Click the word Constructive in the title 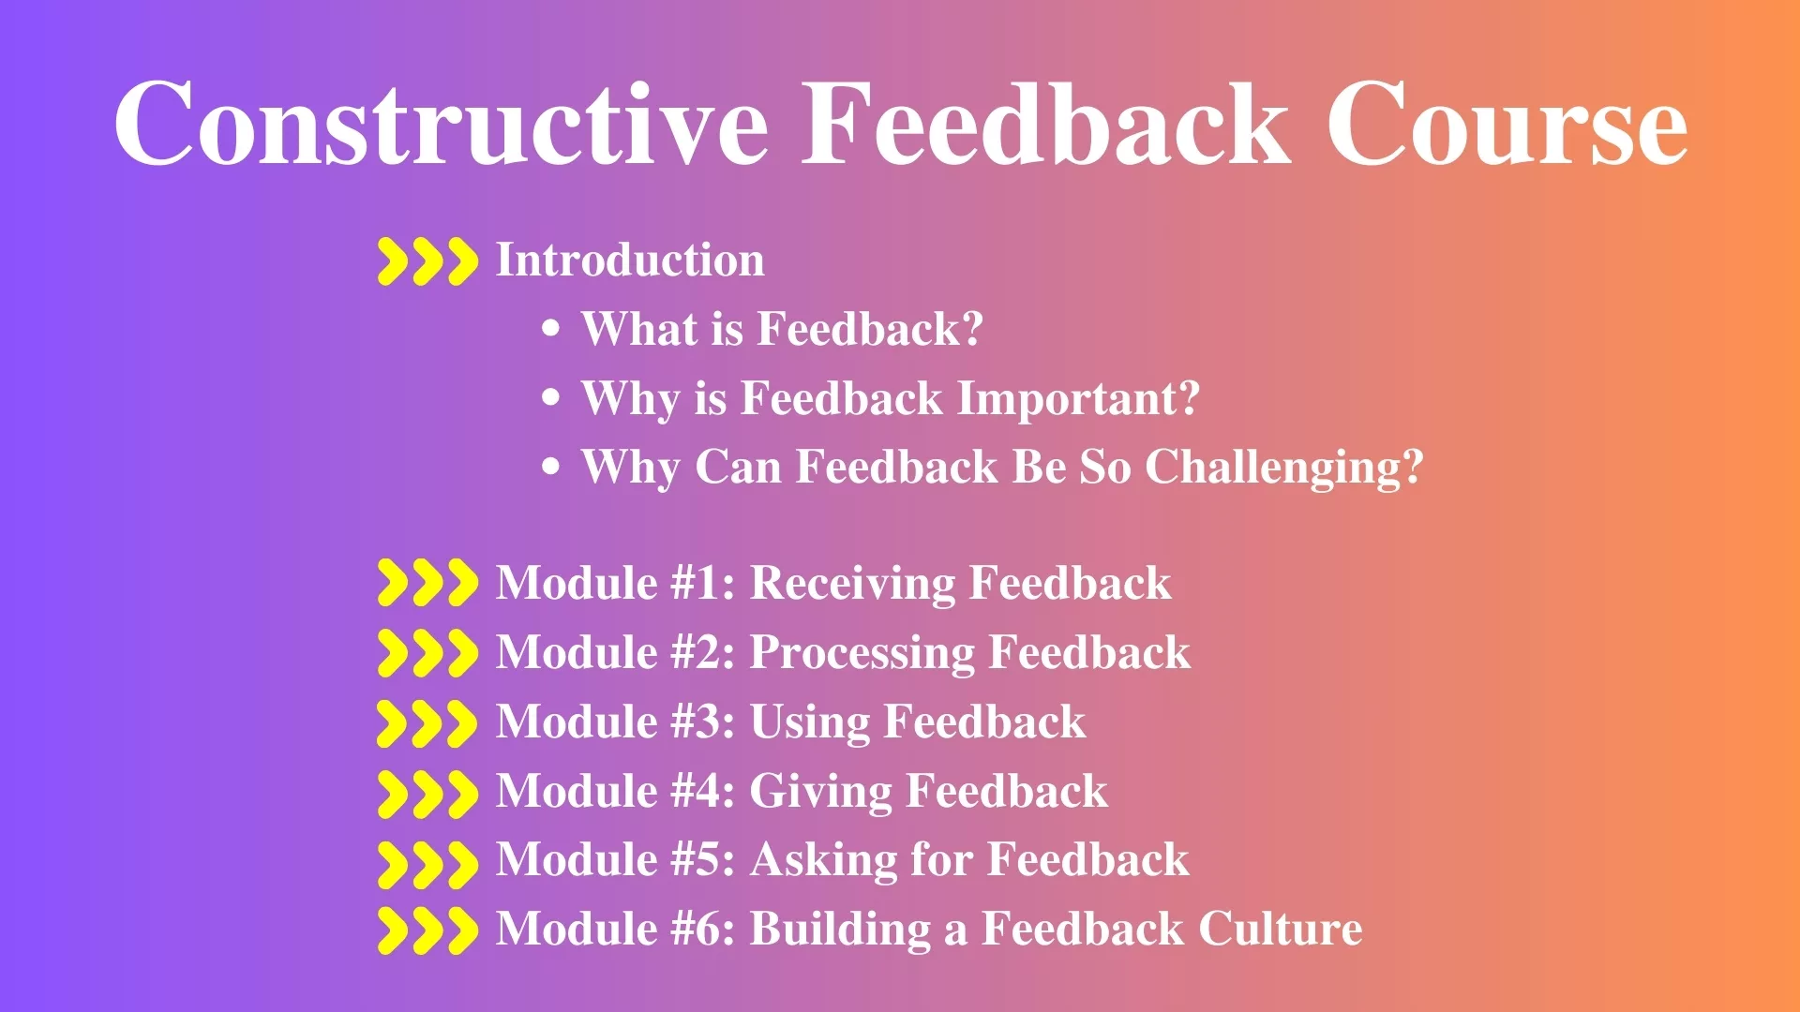pyautogui.click(x=442, y=124)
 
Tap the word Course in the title pyautogui.click(x=1507, y=124)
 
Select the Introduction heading pyautogui.click(x=630, y=260)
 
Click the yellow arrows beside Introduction pyautogui.click(x=427, y=261)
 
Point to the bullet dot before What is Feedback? pyautogui.click(x=551, y=329)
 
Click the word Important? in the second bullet pyautogui.click(x=1078, y=398)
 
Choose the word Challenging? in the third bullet pyautogui.click(x=1284, y=468)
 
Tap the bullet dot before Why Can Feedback pyautogui.click(x=551, y=467)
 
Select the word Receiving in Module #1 pyautogui.click(x=853, y=584)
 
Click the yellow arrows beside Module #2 pyautogui.click(x=427, y=653)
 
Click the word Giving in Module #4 pyautogui.click(x=821, y=792)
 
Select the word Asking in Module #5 pyautogui.click(x=824, y=860)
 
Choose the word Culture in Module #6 pyautogui.click(x=1281, y=929)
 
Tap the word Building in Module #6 pyautogui.click(x=841, y=930)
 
